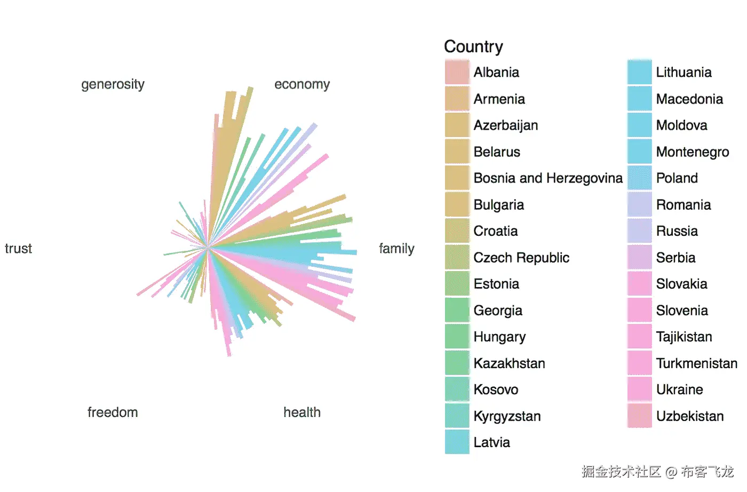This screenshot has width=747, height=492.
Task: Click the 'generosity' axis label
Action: pyautogui.click(x=113, y=84)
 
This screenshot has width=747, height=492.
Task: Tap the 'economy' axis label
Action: pyautogui.click(x=302, y=84)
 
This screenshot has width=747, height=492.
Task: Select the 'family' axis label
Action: pyautogui.click(x=396, y=249)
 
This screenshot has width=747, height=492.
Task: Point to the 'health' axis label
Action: pyautogui.click(x=302, y=412)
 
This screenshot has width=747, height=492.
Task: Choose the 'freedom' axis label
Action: pyautogui.click(x=113, y=412)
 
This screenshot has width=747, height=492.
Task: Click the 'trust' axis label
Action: pyautogui.click(x=19, y=249)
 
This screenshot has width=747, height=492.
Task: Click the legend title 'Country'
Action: pyautogui.click(x=473, y=47)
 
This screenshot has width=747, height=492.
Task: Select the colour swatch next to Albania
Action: pyautogui.click(x=457, y=72)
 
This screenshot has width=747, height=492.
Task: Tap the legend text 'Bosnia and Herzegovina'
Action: pyautogui.click(x=548, y=178)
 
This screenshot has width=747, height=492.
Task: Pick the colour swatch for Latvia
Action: pyautogui.click(x=457, y=442)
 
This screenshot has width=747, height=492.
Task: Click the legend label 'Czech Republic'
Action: pyautogui.click(x=521, y=258)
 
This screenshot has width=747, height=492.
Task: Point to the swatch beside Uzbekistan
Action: pyautogui.click(x=639, y=416)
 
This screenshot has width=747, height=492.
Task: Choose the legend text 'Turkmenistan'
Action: pyautogui.click(x=696, y=363)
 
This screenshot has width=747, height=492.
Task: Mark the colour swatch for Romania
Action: pyautogui.click(x=639, y=205)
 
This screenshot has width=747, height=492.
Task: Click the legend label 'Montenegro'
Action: pyautogui.click(x=693, y=152)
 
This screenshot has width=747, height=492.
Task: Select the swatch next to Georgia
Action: pyautogui.click(x=457, y=311)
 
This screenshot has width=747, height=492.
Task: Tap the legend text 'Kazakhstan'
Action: pyautogui.click(x=509, y=363)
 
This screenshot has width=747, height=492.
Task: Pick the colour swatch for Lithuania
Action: pyautogui.click(x=639, y=72)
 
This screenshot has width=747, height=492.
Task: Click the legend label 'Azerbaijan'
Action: pyautogui.click(x=505, y=125)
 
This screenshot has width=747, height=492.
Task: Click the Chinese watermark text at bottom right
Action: pyautogui.click(x=657, y=472)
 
